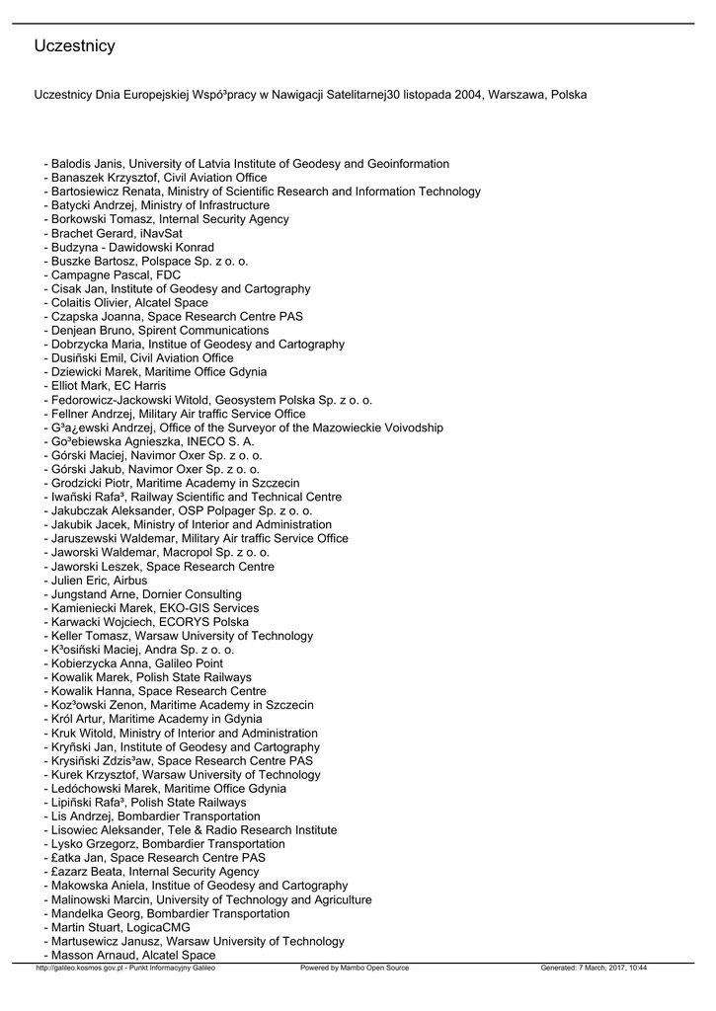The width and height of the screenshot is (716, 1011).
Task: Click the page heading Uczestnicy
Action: [x=74, y=46]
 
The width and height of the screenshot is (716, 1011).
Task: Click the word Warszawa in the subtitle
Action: [x=517, y=96]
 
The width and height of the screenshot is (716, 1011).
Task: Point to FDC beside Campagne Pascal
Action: [x=168, y=274]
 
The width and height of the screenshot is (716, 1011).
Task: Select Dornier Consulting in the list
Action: [x=188, y=594]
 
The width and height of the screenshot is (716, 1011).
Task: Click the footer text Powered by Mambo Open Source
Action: [x=355, y=969]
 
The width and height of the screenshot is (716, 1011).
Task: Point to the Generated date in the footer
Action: [x=594, y=969]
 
